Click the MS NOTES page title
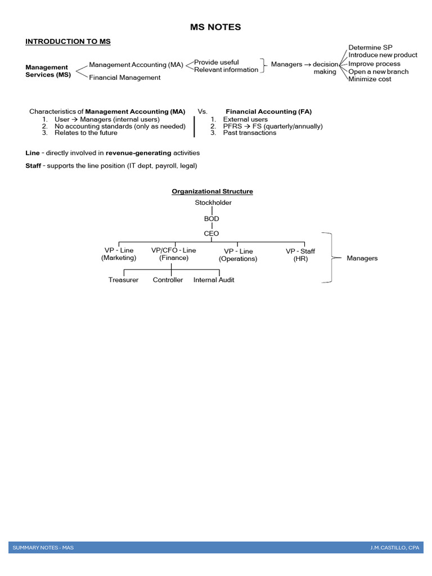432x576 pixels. [216, 27]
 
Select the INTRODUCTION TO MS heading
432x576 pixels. [68, 42]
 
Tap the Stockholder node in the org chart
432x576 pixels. [213, 202]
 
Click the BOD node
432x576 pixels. [212, 218]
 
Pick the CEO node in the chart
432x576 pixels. [212, 233]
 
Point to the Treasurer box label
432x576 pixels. [123, 280]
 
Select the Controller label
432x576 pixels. [168, 280]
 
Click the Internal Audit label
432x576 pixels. [214, 280]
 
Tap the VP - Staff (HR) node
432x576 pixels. [300, 255]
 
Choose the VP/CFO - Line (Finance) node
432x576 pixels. [174, 254]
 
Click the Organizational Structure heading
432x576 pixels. [212, 191]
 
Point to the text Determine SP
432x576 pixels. [370, 47]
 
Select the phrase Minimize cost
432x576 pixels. [370, 79]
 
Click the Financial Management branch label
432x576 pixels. [124, 78]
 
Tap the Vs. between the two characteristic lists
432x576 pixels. [202, 111]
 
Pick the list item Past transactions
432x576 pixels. [250, 133]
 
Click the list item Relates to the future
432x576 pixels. [85, 133]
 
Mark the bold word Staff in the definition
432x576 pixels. [33, 166]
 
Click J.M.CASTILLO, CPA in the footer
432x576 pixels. [394, 547]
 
